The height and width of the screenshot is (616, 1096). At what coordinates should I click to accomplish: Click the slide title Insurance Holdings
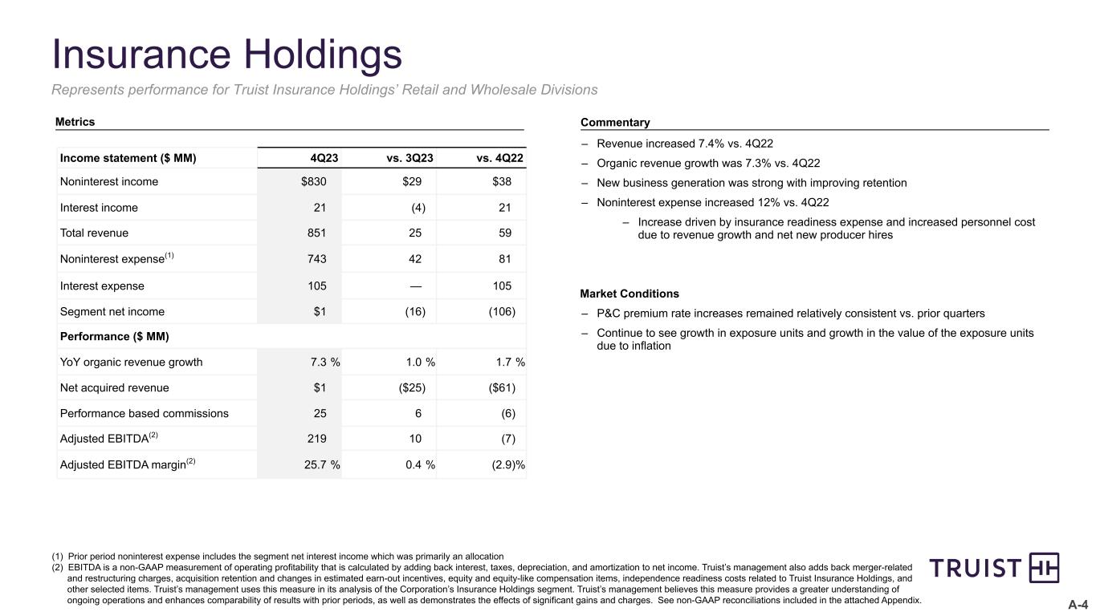tap(226, 55)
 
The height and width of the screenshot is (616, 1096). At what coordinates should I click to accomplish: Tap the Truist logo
tap(994, 568)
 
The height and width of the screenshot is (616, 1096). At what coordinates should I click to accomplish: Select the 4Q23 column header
tap(324, 158)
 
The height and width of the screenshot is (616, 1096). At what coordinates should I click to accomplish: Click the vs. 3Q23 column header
tap(409, 158)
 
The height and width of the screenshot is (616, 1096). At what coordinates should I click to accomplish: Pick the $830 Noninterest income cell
tap(315, 181)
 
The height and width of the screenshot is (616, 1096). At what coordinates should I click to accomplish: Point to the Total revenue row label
tap(94, 233)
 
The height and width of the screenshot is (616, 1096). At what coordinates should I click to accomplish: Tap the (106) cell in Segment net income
tap(502, 311)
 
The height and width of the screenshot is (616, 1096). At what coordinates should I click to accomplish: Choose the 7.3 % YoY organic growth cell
tap(324, 362)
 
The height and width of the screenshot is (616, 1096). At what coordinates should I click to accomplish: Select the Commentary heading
tap(614, 123)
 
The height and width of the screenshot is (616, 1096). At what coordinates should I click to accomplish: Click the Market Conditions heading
tap(629, 294)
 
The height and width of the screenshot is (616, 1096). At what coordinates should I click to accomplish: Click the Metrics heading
tap(75, 122)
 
